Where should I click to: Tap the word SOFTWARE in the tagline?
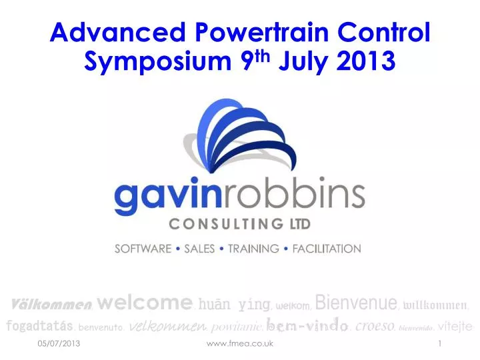pos(143,249)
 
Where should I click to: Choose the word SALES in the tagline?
pos(199,249)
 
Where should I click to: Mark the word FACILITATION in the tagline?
pos(326,249)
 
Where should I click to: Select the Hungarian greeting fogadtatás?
pos(39,326)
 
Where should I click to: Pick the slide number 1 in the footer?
pos(441,343)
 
